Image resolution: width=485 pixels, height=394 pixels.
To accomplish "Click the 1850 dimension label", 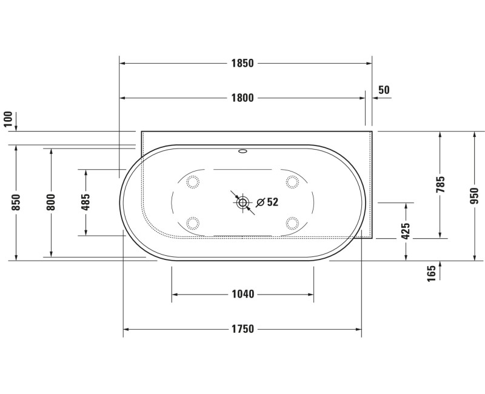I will (x=242, y=63).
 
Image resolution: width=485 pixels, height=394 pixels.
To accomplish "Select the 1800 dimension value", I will (x=242, y=98).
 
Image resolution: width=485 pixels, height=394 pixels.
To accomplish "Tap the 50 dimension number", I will (x=383, y=90).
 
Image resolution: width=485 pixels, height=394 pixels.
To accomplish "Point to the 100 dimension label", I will (x=8, y=118).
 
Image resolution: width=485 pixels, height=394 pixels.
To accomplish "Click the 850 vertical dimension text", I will (x=16, y=202).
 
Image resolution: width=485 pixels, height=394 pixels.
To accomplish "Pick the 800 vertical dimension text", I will (x=51, y=202).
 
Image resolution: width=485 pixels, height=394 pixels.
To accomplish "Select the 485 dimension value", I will (x=85, y=202).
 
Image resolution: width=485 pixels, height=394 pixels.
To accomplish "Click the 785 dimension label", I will (x=441, y=184).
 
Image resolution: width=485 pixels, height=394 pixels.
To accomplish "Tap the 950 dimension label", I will (x=475, y=196).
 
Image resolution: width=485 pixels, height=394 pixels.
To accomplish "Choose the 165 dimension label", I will (x=432, y=273).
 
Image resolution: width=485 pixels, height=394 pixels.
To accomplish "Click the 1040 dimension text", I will (x=242, y=295).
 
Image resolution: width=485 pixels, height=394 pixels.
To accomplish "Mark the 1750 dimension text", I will (x=242, y=329).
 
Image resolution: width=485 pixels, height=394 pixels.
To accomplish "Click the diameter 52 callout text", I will (x=268, y=202).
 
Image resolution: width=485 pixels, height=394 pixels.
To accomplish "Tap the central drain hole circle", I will (x=243, y=203).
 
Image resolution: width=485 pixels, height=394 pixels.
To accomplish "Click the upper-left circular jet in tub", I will (x=194, y=181).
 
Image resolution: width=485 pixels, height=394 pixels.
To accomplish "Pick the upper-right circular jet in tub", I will (x=292, y=181).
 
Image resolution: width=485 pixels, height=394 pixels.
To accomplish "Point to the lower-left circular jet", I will (x=194, y=222).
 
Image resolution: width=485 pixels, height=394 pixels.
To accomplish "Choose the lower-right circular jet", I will (x=292, y=222).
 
